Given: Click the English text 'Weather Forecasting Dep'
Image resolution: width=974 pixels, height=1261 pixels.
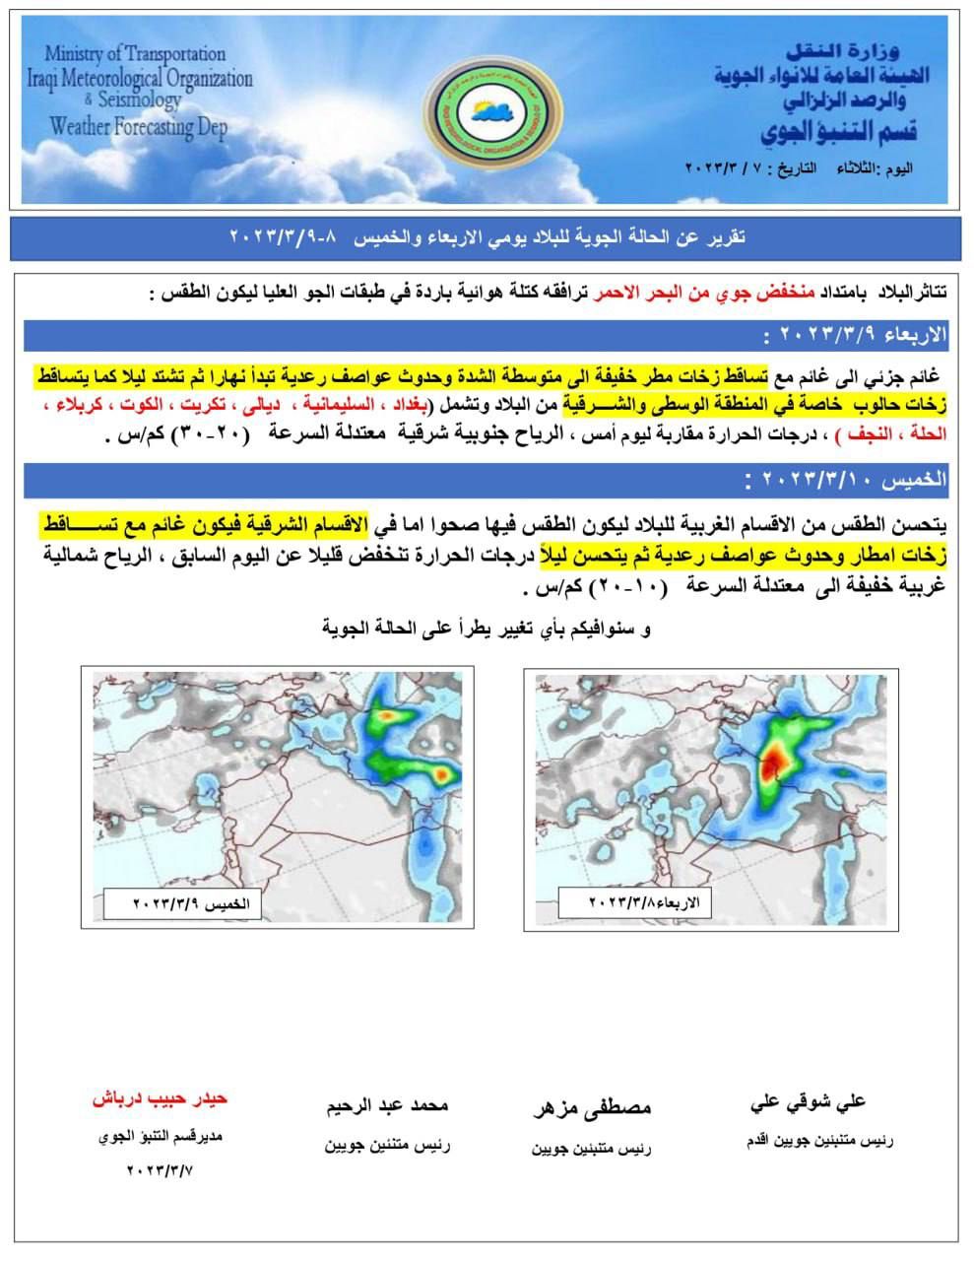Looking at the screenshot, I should click(x=138, y=126).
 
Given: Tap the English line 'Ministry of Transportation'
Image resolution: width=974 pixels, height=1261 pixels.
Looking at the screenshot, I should click(x=135, y=54).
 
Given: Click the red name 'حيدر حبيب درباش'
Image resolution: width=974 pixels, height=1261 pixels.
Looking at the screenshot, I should click(x=161, y=1097).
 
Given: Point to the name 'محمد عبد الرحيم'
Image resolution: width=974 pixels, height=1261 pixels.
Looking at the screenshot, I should click(x=388, y=1105).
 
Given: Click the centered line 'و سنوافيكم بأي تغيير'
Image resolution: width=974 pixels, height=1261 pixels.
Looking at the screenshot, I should click(x=487, y=628).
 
